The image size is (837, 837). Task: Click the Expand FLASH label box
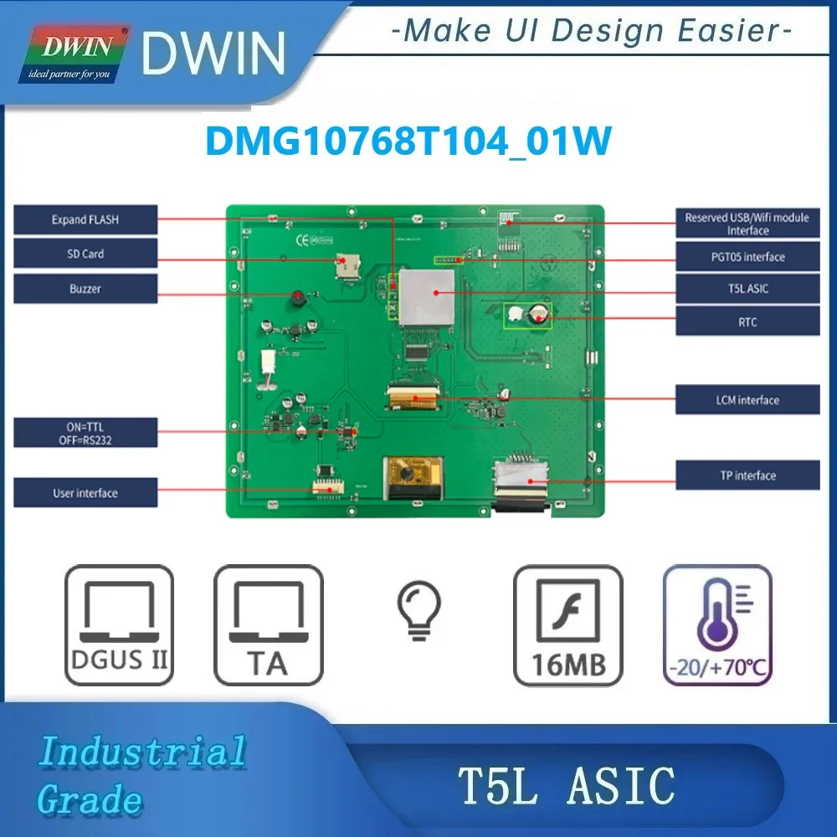(85, 219)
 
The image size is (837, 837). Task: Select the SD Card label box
(85, 254)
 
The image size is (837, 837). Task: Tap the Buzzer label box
(85, 289)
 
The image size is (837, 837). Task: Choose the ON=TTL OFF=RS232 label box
(85, 433)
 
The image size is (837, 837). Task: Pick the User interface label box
(85, 493)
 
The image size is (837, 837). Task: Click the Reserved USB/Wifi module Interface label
(747, 223)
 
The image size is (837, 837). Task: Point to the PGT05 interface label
(747, 257)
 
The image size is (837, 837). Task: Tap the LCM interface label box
(747, 399)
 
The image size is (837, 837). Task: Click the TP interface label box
(747, 475)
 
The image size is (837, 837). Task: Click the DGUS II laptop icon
(119, 625)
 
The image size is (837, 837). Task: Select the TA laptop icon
(269, 625)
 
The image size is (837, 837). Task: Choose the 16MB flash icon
(568, 625)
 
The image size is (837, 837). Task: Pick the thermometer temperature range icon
(717, 625)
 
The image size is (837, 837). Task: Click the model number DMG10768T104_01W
(408, 141)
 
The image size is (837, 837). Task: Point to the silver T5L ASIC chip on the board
(427, 297)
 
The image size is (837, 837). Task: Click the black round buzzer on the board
(298, 299)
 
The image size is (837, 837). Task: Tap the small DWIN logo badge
(74, 54)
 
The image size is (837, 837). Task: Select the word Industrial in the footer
(143, 752)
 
